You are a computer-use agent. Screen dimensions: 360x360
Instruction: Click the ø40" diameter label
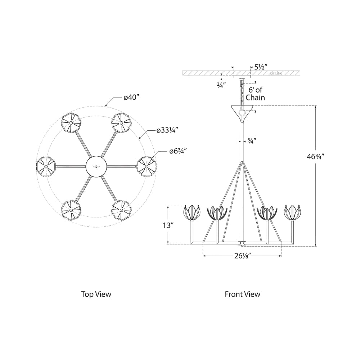point(131,98)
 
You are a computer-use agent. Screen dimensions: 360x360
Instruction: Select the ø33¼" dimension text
point(167,130)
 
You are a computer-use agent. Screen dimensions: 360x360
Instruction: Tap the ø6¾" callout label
point(178,151)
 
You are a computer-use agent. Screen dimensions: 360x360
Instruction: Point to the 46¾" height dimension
point(315,157)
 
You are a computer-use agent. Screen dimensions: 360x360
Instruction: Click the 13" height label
point(168,225)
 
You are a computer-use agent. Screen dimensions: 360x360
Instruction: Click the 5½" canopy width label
point(261,67)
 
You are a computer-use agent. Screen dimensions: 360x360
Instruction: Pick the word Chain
point(255,98)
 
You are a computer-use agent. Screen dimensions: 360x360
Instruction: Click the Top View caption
point(96,294)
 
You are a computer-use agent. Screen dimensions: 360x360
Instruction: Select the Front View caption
point(242,294)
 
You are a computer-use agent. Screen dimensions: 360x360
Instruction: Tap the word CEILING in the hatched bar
point(276,73)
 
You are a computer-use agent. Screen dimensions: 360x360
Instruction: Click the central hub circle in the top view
point(96,166)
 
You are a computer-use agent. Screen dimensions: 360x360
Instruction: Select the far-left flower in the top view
point(46,166)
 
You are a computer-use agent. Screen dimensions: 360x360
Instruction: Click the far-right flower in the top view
point(147,166)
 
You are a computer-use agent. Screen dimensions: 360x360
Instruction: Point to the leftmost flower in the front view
point(192,213)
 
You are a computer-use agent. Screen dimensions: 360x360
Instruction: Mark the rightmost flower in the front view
point(293,213)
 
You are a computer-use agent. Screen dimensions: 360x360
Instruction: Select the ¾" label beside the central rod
point(252,141)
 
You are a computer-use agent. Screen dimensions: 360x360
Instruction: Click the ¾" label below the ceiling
point(221,85)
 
